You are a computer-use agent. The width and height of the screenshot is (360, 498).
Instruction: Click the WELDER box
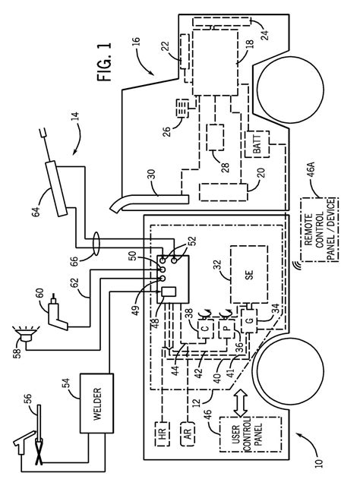(x=96, y=403)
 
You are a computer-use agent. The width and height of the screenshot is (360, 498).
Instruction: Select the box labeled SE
(x=249, y=274)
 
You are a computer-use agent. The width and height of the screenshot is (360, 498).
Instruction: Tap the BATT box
(x=257, y=144)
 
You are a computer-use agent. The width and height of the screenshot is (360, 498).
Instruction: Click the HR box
(x=162, y=434)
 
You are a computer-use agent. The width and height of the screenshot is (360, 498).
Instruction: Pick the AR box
(x=188, y=434)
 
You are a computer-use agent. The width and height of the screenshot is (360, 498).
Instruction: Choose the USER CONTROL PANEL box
(x=251, y=434)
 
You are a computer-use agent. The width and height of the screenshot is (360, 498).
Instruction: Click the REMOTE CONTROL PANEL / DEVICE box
(x=319, y=229)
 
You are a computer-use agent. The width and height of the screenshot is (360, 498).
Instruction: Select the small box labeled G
(x=249, y=321)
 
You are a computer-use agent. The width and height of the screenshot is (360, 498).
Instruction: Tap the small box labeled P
(x=226, y=329)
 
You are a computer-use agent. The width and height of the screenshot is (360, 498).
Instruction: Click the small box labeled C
(x=205, y=329)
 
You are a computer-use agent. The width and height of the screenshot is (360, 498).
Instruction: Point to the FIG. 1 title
(x=105, y=62)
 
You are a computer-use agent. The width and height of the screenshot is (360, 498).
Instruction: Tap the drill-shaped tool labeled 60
(x=57, y=312)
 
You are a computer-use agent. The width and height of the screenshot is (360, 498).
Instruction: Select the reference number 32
(x=218, y=265)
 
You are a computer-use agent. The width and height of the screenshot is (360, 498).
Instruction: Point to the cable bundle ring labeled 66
(x=96, y=244)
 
